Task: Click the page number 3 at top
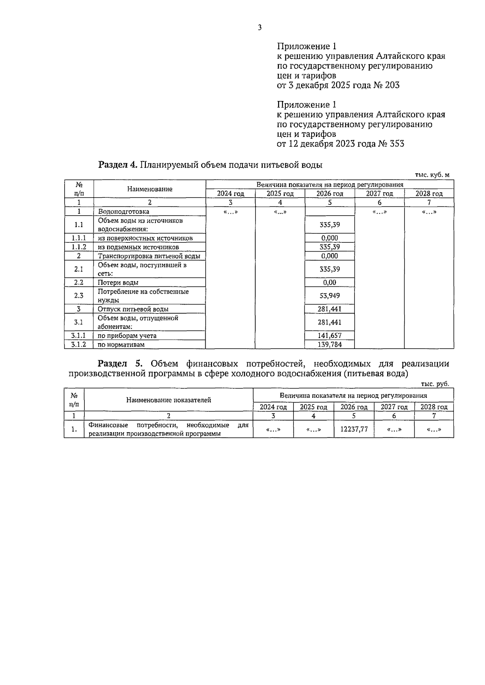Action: point(259,27)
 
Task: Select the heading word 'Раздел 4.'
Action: point(118,165)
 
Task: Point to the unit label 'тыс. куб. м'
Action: point(432,175)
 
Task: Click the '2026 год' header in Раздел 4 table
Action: point(330,193)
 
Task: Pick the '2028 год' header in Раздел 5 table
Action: point(434,407)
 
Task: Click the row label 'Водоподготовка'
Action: point(124,212)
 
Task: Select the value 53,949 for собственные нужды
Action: point(330,296)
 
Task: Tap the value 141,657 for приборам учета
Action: point(330,336)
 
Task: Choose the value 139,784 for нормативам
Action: point(330,345)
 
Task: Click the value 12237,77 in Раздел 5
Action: point(354,429)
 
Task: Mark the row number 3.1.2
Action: point(79,345)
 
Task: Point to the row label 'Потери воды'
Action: point(118,283)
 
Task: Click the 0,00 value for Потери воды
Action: point(330,283)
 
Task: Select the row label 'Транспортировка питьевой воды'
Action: point(149,256)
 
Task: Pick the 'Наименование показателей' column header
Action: point(169,400)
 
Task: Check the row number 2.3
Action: point(79,296)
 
